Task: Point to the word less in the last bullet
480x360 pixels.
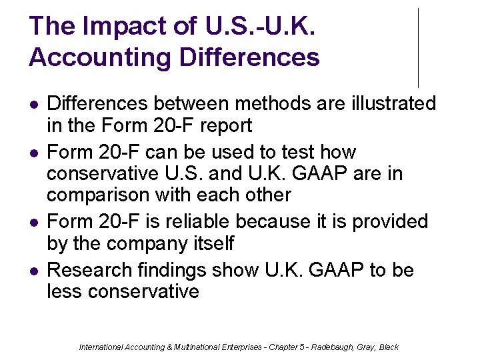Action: [65, 292]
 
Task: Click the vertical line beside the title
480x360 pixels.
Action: [418, 47]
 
